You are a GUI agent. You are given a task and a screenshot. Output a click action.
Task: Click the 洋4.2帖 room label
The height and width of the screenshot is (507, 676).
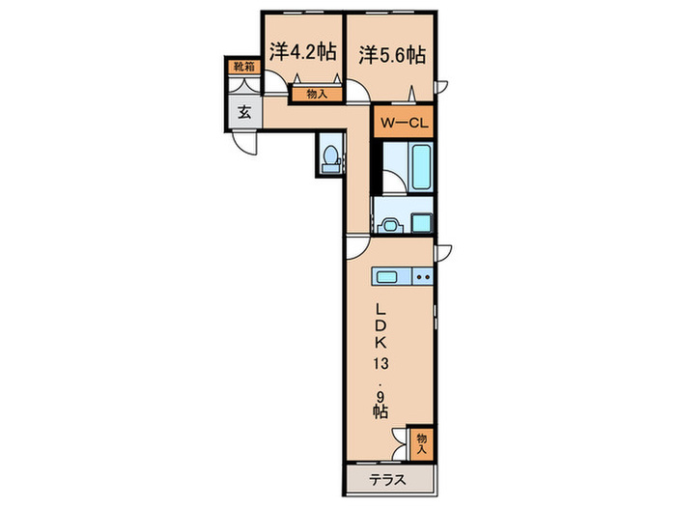tap(302, 53)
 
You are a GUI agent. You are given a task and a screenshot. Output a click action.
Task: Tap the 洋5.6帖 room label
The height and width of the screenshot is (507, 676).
tap(393, 54)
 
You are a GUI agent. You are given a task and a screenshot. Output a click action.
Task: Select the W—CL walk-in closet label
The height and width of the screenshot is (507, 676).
tap(404, 123)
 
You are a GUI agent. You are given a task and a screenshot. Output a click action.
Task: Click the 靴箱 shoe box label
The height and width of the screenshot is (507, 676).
tap(243, 68)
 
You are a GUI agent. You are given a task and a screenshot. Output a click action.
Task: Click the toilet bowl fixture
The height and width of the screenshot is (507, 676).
tap(330, 156)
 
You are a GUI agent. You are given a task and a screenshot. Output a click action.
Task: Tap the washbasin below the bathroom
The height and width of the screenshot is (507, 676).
tap(389, 224)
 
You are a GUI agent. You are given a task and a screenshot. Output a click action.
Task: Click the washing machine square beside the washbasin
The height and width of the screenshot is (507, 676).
tap(421, 222)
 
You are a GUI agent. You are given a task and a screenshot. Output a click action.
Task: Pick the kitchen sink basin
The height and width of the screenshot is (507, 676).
tap(387, 278)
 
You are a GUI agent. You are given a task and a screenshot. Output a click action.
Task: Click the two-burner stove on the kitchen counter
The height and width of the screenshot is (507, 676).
tap(422, 278)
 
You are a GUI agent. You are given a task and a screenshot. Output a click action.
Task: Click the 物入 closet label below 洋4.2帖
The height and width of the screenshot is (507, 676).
tap(317, 94)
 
